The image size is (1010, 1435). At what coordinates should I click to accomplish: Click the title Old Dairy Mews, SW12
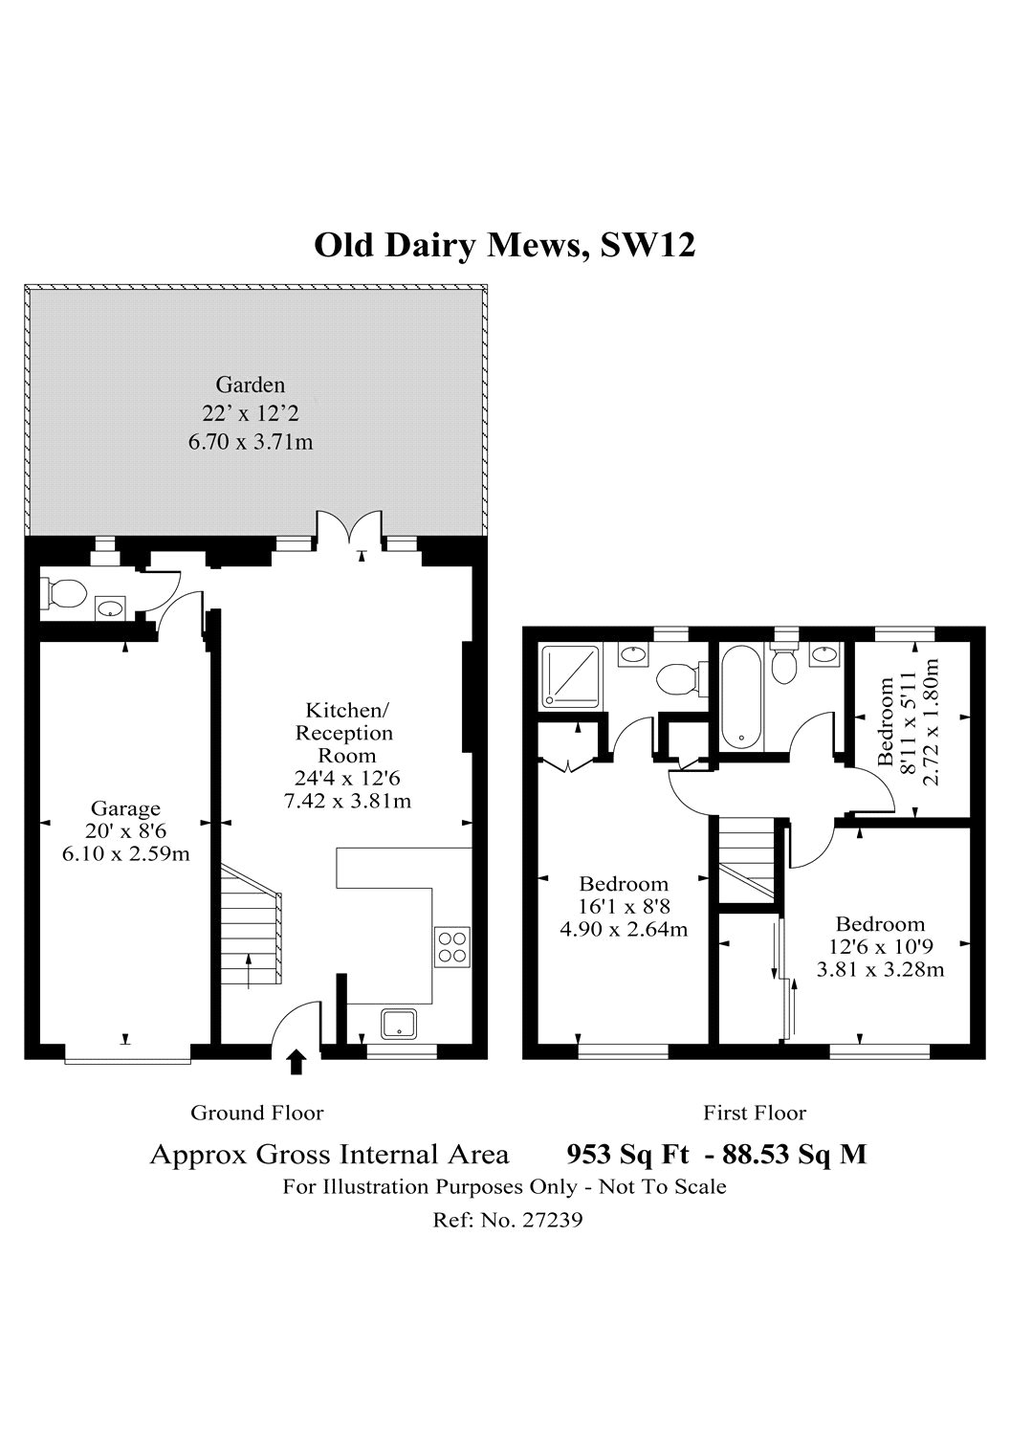tap(505, 246)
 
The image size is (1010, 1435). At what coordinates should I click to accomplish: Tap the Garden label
tap(251, 385)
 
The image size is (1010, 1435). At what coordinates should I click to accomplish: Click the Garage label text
tap(125, 808)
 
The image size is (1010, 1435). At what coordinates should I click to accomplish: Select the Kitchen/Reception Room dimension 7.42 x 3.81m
tap(347, 801)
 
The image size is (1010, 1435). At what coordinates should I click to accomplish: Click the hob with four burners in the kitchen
tap(452, 947)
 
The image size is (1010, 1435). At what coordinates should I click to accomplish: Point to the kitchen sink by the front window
tap(399, 1024)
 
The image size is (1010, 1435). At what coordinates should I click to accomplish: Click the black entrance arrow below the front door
tap(296, 1062)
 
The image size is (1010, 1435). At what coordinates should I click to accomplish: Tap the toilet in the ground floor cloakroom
tap(63, 593)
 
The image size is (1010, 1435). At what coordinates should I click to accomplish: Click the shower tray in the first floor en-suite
tap(571, 676)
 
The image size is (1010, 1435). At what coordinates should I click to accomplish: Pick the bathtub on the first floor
tap(741, 697)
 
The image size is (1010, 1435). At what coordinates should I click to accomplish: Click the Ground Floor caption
tap(257, 1113)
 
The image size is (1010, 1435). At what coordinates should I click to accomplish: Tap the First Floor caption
tap(755, 1113)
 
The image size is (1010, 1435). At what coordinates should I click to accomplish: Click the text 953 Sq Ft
tap(627, 1155)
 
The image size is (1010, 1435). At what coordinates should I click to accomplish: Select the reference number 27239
tap(553, 1219)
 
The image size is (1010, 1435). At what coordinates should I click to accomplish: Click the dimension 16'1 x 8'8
tap(624, 907)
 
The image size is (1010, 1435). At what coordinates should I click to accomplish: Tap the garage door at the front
tap(127, 1062)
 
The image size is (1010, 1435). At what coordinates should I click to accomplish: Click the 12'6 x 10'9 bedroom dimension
tap(880, 947)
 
